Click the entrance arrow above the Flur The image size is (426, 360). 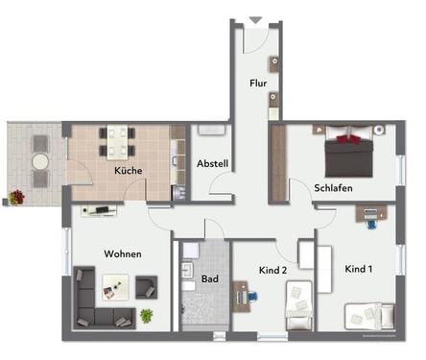(255, 18)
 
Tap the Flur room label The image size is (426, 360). (258, 84)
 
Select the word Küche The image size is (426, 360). (129, 170)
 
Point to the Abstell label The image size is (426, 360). (212, 164)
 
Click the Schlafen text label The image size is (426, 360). (331, 188)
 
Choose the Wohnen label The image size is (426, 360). (123, 253)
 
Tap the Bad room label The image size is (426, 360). (209, 279)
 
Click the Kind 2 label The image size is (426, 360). (273, 270)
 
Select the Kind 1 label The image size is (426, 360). (360, 270)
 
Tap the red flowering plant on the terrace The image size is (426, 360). (16, 197)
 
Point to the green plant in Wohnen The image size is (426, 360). (146, 315)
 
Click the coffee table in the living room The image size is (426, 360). (115, 285)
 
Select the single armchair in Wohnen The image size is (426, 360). (146, 285)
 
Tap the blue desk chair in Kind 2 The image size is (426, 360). (251, 297)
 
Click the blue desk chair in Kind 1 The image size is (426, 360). (370, 224)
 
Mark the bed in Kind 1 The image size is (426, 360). (369, 315)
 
